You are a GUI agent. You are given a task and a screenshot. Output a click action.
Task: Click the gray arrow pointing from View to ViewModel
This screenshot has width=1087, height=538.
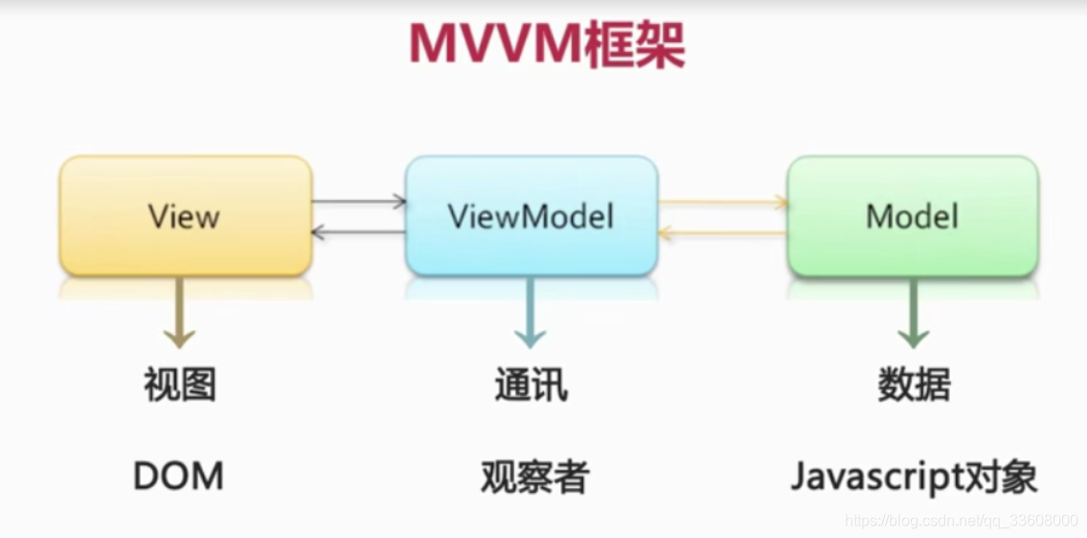pyautogui.click(x=359, y=201)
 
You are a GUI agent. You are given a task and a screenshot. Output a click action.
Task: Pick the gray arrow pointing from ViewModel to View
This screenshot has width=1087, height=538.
pyautogui.click(x=359, y=232)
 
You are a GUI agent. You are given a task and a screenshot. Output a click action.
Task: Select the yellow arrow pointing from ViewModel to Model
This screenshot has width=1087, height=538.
pyautogui.click(x=723, y=202)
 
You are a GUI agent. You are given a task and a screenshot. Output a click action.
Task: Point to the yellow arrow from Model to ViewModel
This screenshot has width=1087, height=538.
pyautogui.click(x=723, y=233)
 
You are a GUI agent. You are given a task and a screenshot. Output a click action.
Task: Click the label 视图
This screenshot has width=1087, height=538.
pyautogui.click(x=180, y=385)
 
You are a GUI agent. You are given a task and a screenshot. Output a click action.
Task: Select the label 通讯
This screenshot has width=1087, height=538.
pyautogui.click(x=531, y=385)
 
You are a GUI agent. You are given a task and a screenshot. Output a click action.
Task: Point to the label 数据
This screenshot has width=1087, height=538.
pyautogui.click(x=914, y=385)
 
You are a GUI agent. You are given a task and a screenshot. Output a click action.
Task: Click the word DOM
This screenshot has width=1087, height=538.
pyautogui.click(x=179, y=476)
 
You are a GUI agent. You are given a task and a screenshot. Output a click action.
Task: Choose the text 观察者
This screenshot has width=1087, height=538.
pyautogui.click(x=534, y=476)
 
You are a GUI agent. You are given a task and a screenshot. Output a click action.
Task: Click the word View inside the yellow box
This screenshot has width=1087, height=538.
pyautogui.click(x=184, y=216)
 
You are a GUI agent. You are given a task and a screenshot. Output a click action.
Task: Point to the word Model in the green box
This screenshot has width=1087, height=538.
pyautogui.click(x=912, y=216)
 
